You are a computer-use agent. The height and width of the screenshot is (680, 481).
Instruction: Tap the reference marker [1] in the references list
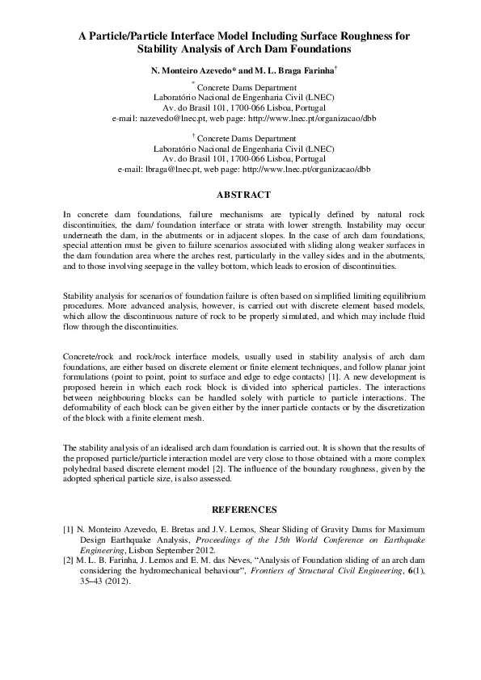click(69, 530)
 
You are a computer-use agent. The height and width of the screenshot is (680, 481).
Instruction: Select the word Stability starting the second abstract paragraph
click(78, 297)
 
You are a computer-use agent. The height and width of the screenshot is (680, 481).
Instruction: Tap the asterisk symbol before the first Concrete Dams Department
click(192, 83)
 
